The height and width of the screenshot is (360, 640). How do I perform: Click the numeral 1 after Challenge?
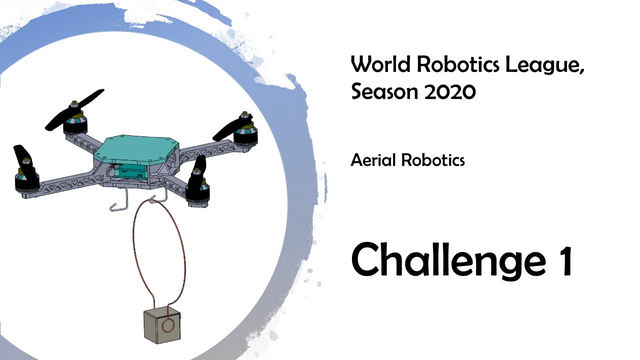(x=565, y=260)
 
